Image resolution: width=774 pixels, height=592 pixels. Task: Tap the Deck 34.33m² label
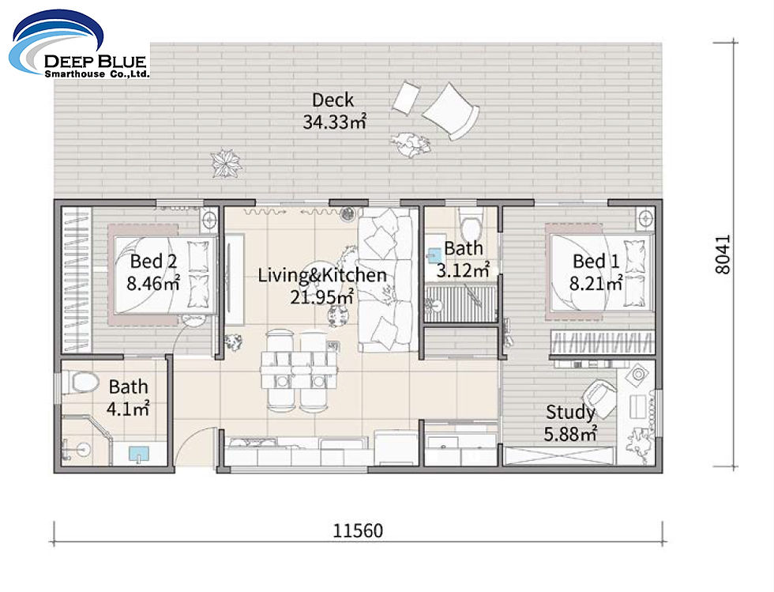point(333,111)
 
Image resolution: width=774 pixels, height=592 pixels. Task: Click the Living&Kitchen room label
point(322,285)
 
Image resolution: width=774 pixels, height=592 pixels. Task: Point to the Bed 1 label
point(596,271)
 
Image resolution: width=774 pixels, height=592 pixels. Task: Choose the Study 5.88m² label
point(570,422)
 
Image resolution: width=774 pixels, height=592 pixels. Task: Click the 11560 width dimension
point(357,530)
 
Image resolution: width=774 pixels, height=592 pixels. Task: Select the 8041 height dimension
point(726,254)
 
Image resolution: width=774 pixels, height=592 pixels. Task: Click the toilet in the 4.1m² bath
point(80,383)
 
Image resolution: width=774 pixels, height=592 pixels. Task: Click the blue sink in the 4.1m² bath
point(139,454)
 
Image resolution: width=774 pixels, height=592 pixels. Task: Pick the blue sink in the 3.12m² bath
point(434,255)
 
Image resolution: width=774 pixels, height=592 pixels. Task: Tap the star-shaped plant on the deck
point(227,163)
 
